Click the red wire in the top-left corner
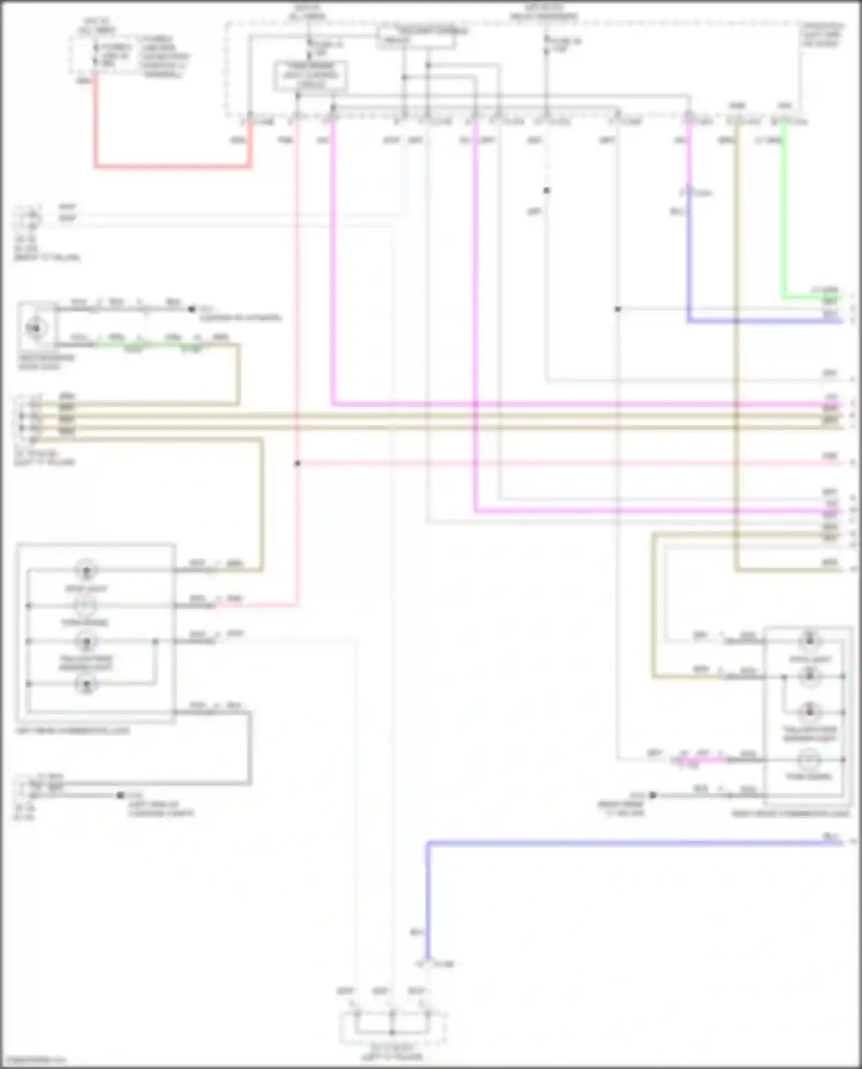pyautogui.click(x=172, y=167)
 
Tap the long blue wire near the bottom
pyautogui.click(x=632, y=843)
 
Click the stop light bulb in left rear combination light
pyautogui.click(x=86, y=571)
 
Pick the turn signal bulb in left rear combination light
pyautogui.click(x=86, y=606)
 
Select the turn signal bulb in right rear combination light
pyautogui.click(x=809, y=759)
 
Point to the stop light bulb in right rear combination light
pyautogui.click(x=809, y=639)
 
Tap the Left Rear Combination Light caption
pyautogui.click(x=72, y=731)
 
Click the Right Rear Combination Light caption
pyautogui.click(x=790, y=814)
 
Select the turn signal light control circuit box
pyautogui.click(x=310, y=76)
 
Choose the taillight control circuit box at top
pyautogui.click(x=417, y=37)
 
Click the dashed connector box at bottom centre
pyautogui.click(x=392, y=1028)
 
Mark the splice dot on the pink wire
pyautogui.click(x=297, y=463)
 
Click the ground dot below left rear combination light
pyautogui.click(x=120, y=795)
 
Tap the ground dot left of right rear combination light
pyautogui.click(x=653, y=796)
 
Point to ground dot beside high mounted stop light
pyautogui.click(x=192, y=309)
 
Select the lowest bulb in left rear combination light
pyautogui.click(x=86, y=684)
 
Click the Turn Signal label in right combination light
pyautogui.click(x=809, y=777)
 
